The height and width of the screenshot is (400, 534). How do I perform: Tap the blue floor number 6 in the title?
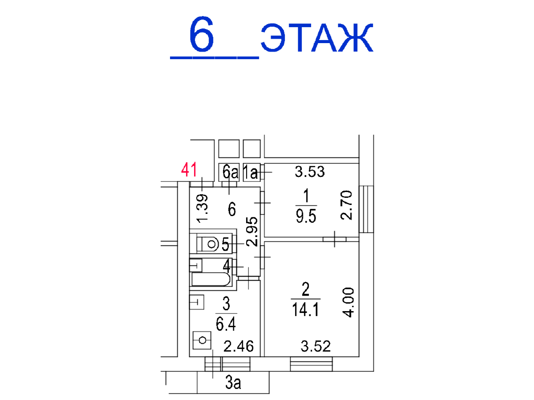coord(202,34)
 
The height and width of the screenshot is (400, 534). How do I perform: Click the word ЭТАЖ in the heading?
coord(317,38)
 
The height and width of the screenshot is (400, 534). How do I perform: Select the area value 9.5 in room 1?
coord(306,216)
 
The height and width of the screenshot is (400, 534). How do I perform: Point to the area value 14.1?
coord(305,310)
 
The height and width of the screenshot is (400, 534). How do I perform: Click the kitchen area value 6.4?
coord(226,324)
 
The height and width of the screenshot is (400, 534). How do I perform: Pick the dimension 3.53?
coord(310,172)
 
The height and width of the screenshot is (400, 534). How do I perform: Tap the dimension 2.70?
coord(346,205)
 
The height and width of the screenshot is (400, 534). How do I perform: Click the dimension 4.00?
coord(348,302)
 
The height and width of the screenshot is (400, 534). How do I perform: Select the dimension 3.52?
coord(316,346)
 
